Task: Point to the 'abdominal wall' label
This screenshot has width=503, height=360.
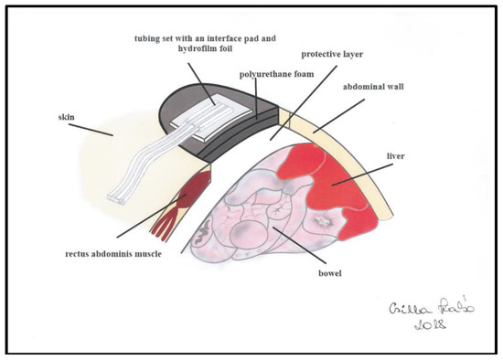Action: [373, 87]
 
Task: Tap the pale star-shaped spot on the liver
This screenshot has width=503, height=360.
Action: [323, 222]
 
